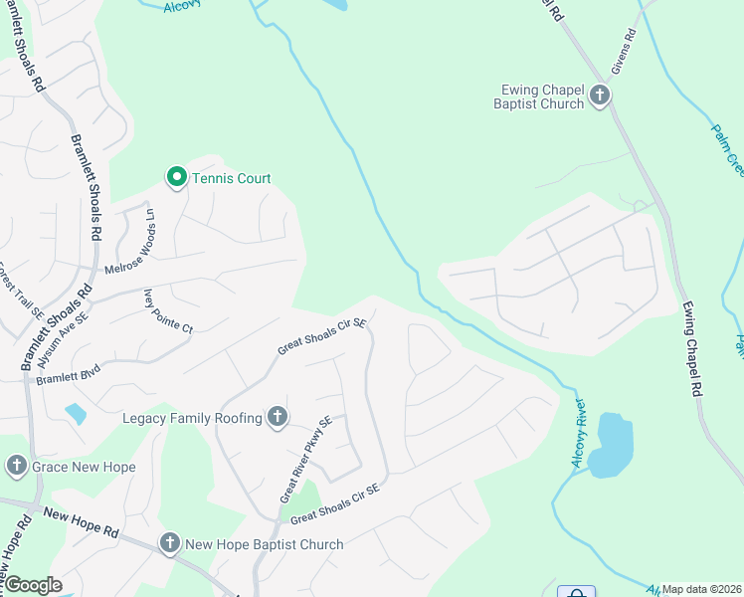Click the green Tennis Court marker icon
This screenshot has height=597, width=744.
pos(176,178)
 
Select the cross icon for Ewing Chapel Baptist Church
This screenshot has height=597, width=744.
pos(600,96)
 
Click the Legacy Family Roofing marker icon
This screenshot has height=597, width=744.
pos(278,418)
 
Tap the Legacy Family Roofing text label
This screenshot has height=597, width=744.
pos(192,419)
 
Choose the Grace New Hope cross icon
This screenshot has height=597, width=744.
pos(16,466)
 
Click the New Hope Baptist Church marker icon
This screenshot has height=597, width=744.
pos(170,543)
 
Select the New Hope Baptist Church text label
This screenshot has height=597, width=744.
pos(265,544)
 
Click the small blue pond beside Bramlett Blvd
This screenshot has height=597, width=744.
pos(75,413)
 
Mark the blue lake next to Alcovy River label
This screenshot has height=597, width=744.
pos(610,445)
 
